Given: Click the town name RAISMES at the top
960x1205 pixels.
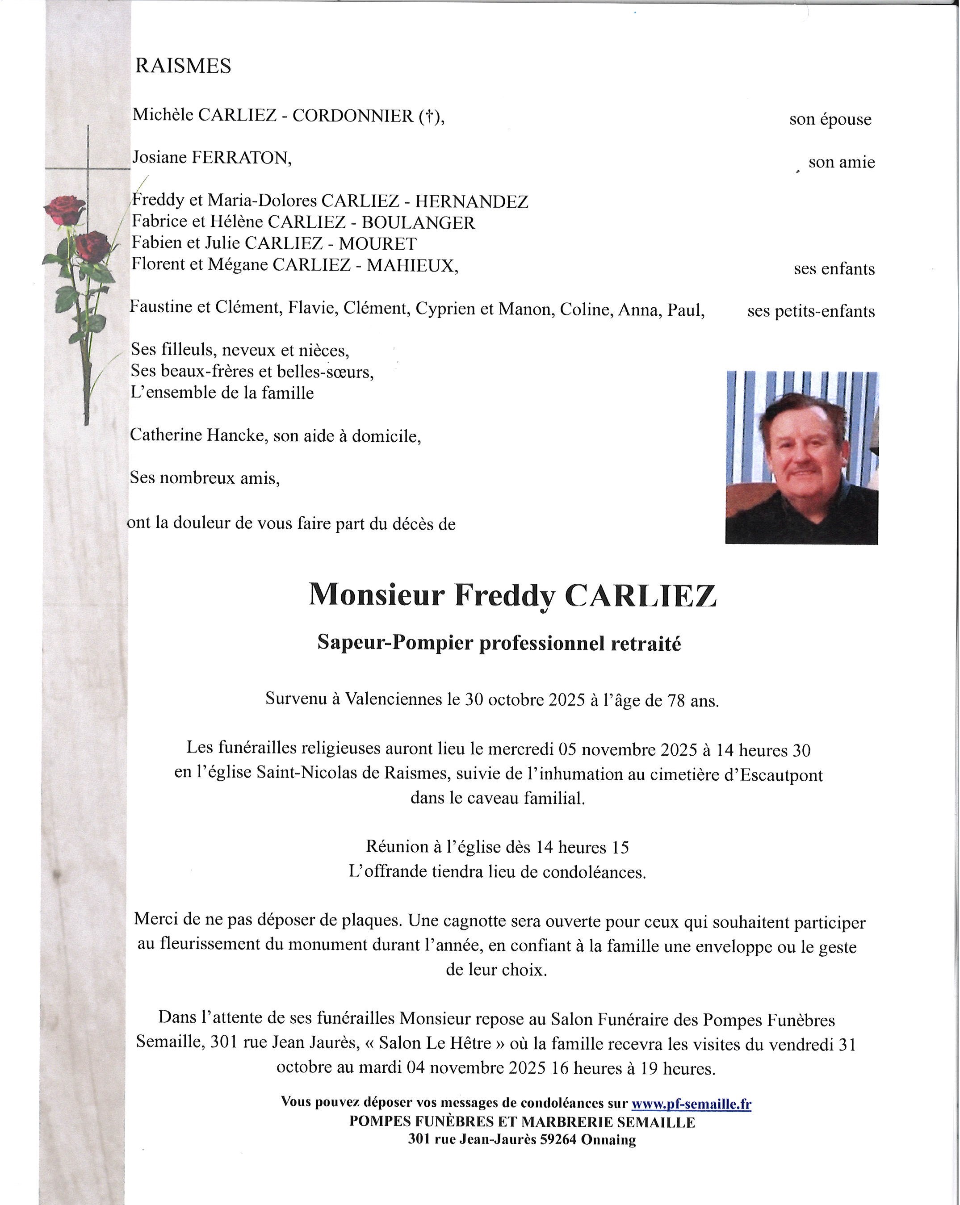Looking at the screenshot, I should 183,66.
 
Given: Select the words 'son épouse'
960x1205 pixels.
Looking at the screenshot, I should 830,119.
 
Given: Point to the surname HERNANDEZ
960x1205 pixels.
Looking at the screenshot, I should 471,201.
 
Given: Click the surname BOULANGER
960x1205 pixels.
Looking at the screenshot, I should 418,222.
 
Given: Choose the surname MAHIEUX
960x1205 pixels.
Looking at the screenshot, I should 411,265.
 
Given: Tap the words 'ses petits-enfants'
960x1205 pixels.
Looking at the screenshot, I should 811,311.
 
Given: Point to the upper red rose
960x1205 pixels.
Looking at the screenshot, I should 65,209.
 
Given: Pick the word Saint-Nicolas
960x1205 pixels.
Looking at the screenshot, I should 316,774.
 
